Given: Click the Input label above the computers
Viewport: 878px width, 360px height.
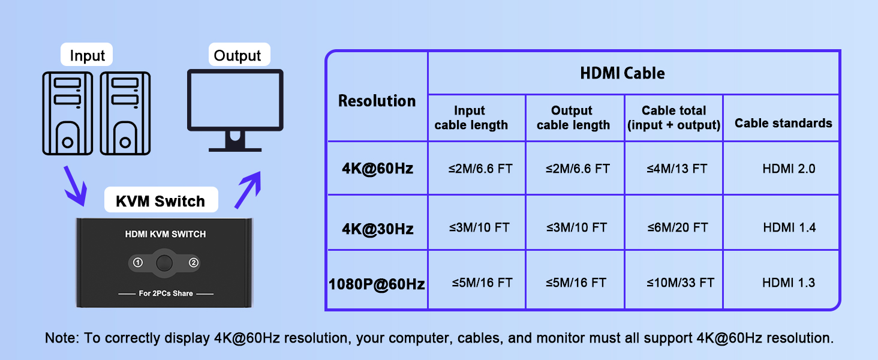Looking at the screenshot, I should (87, 56).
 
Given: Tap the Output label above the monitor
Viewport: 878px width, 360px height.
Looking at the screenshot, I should (237, 56).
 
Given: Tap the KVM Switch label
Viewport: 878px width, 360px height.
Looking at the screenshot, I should (160, 202).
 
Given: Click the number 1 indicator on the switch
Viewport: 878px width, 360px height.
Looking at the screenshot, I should (137, 263).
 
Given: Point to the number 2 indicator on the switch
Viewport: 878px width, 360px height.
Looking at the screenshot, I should (193, 263).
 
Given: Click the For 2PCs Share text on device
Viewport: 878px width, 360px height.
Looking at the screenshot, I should (166, 293).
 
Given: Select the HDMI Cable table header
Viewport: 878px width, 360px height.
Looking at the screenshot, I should (622, 74).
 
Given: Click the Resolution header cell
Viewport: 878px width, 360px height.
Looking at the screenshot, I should (377, 101).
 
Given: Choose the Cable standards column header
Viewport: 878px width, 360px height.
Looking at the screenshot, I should (783, 123).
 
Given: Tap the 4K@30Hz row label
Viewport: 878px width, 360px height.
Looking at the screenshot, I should (377, 229).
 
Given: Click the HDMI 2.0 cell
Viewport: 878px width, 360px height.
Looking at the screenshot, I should (788, 169).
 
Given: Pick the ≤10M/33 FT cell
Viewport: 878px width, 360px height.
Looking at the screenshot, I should (680, 283).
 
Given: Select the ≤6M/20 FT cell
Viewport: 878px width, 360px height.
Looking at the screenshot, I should (677, 227).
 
